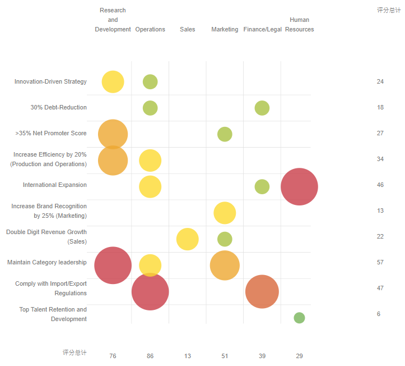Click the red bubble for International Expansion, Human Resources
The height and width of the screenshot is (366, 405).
pyautogui.click(x=299, y=186)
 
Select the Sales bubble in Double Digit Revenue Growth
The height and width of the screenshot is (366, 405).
pyautogui.click(x=187, y=239)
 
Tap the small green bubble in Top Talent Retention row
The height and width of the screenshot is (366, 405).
pyautogui.click(x=299, y=318)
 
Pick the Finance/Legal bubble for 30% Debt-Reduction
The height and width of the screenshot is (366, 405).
pyautogui.click(x=262, y=108)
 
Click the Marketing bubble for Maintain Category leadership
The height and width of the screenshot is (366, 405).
pyautogui.click(x=225, y=265)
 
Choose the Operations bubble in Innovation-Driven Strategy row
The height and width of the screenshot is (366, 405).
pyautogui.click(x=150, y=81)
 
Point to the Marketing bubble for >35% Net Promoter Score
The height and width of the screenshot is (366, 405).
pyautogui.click(x=225, y=134)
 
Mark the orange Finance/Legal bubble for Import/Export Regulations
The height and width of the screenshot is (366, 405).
pyautogui.click(x=262, y=291)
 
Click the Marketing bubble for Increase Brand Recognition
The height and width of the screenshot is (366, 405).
pyautogui.click(x=225, y=213)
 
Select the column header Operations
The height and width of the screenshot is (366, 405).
pyautogui.click(x=150, y=29)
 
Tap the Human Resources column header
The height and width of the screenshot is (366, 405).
pyautogui.click(x=299, y=25)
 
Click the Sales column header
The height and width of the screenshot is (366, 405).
pyautogui.click(x=187, y=29)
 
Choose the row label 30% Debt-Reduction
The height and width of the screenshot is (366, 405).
pyautogui.click(x=58, y=107)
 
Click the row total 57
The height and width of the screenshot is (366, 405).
pyautogui.click(x=380, y=262)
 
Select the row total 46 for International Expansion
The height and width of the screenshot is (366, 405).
pyautogui.click(x=380, y=185)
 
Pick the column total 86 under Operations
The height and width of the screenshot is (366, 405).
pyautogui.click(x=150, y=356)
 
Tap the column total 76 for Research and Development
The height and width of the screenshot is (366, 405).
pyautogui.click(x=113, y=356)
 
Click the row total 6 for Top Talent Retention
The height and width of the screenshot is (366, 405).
pyautogui.click(x=379, y=314)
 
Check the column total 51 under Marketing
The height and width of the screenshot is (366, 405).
pyautogui.click(x=225, y=356)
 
